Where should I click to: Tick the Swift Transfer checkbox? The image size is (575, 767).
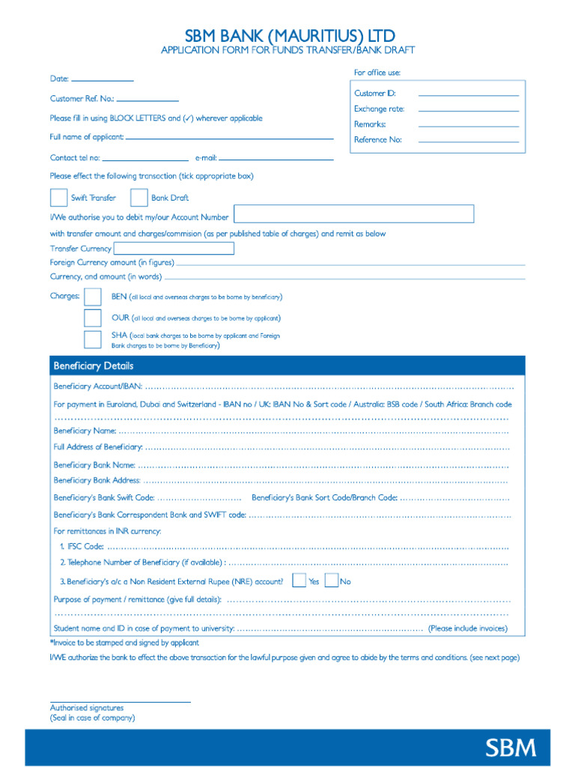coord(58,198)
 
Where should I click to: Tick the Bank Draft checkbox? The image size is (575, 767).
coord(139,198)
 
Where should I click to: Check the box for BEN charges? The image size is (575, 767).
coord(93,297)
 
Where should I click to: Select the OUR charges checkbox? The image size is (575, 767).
coord(93,318)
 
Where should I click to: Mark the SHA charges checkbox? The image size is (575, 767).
coord(93,339)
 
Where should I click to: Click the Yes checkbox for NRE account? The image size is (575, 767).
coord(299,580)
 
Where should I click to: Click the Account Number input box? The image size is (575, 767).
coord(353,214)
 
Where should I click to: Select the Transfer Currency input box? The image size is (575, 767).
coord(174,249)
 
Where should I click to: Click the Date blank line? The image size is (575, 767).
coord(102,79)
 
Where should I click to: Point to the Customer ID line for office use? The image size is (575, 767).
coord(468,95)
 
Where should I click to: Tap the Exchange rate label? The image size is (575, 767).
coord(379,109)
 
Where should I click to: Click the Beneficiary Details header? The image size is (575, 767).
coord(94,366)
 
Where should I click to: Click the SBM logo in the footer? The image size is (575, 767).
coord(511,748)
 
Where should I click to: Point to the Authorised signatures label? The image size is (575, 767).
coord(87,708)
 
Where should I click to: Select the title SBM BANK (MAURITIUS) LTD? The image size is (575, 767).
coord(290,35)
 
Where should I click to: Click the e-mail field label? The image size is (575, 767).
coord(206,158)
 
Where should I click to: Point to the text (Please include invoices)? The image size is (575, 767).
coord(467,628)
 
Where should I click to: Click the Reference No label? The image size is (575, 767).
coord(378,140)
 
